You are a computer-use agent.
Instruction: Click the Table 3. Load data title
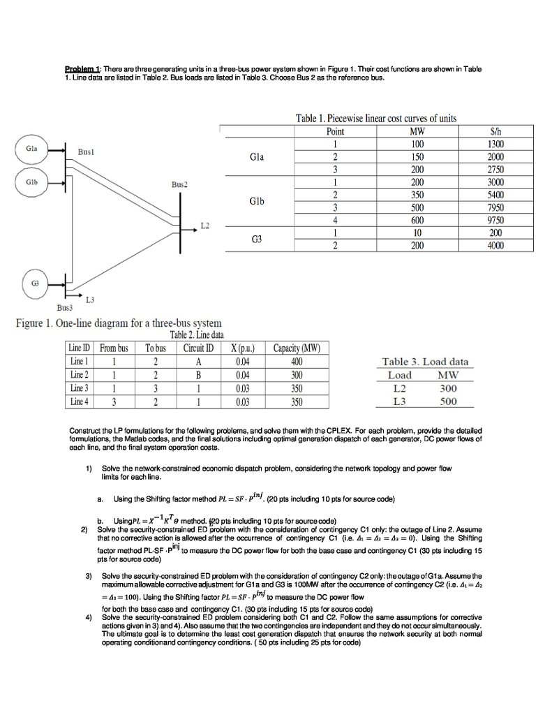[425, 361]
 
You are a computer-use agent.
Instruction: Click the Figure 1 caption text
[119, 323]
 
